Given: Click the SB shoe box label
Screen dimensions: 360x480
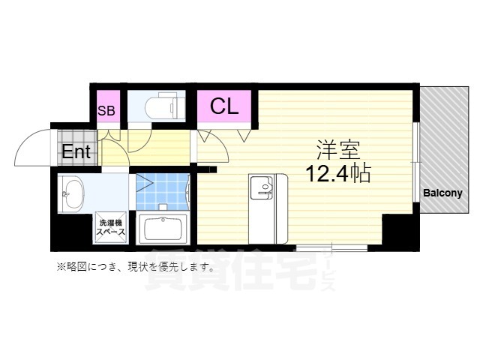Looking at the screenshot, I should [x=106, y=111].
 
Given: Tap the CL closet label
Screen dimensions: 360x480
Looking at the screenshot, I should [x=223, y=106].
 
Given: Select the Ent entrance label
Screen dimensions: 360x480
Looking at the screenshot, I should [x=76, y=152].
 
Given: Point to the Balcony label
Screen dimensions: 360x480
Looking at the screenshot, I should [x=442, y=193].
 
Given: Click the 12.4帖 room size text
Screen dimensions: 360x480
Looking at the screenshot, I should [x=336, y=174].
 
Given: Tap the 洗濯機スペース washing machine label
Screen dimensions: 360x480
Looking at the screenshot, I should [x=109, y=226].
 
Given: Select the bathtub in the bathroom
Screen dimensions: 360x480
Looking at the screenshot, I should [x=164, y=227].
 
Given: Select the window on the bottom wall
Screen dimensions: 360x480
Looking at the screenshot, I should [x=331, y=247].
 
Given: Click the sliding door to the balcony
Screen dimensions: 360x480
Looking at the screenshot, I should [x=416, y=162].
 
